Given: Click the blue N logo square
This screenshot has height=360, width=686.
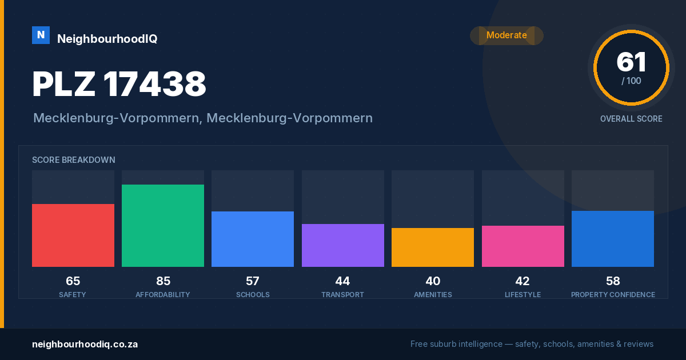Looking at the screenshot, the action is coord(41,35).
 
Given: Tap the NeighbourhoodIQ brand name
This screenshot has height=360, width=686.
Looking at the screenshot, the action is coord(107,39).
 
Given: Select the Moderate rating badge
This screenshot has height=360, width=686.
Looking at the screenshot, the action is coord(506,35).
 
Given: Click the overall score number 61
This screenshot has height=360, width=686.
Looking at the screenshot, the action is coord(631,62).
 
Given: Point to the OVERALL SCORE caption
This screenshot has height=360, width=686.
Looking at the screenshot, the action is coord(631,119).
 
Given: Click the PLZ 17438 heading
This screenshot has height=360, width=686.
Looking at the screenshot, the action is coord(119,84).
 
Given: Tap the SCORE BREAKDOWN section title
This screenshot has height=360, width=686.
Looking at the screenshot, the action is coord(74,160).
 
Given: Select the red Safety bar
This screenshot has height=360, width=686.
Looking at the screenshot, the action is coord(73,235).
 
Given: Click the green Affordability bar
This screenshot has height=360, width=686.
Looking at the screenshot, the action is coord(163,226).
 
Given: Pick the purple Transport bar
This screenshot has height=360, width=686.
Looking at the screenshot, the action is coord(343,245).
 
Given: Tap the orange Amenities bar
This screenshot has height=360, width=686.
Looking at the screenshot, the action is coord(433,247).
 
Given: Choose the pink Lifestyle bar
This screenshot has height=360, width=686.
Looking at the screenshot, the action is coord(523,246).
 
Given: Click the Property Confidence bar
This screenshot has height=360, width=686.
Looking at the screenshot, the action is coord(613,239).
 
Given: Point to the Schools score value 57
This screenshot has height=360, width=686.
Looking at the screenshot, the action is coord(253,281).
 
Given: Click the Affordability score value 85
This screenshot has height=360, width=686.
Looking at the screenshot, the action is coord(163,281).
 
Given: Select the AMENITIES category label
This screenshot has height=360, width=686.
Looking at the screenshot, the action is coord(433,294).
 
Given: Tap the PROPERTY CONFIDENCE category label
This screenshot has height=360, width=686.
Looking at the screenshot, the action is coord(613,294).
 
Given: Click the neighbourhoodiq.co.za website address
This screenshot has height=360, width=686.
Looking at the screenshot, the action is coord(85,345).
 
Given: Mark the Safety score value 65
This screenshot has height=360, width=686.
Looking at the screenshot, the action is coord(73,281).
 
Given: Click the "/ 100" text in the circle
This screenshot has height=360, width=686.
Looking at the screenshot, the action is coord(631,81).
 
